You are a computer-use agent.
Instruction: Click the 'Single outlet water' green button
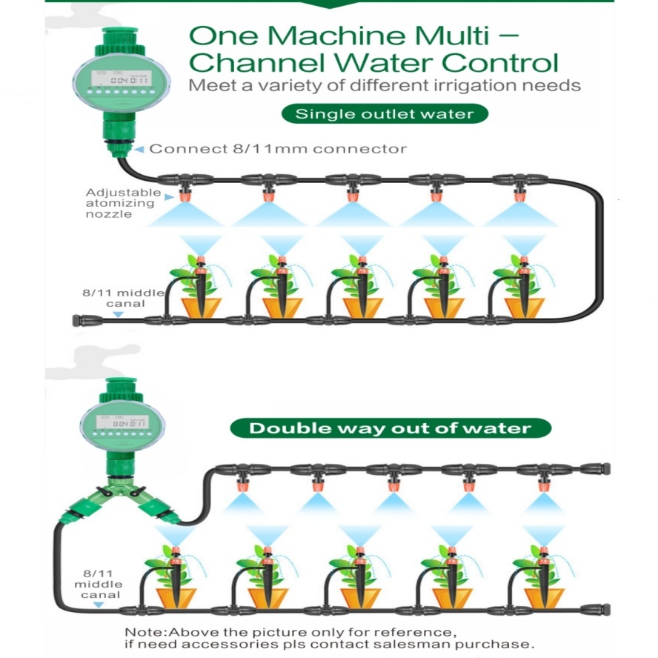tap(384, 114)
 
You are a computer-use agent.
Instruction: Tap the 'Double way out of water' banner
tap(390, 428)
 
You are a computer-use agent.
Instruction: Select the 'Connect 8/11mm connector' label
tap(278, 149)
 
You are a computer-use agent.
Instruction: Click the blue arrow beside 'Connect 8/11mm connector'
tap(139, 149)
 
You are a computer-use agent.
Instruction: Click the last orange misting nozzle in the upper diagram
tap(520, 195)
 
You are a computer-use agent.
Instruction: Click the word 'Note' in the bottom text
tap(139, 632)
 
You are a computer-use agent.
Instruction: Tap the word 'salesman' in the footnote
tap(402, 645)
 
